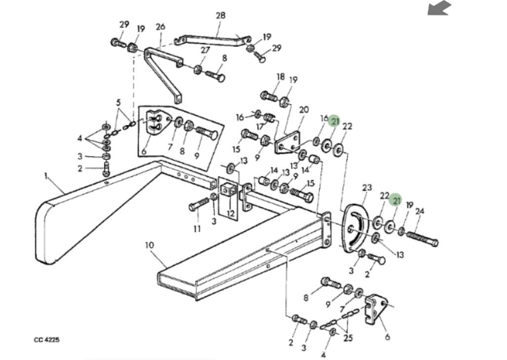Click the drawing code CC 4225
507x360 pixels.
[x=47, y=340]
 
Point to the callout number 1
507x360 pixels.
[x=46, y=175]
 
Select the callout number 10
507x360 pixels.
[x=150, y=245]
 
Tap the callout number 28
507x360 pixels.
[x=220, y=15]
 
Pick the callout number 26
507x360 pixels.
[x=160, y=27]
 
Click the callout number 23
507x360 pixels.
[x=366, y=188]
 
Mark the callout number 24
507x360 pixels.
[x=420, y=211]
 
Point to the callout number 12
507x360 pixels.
[x=230, y=214]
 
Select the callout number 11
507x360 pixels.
[x=197, y=228]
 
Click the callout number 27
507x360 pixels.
[x=205, y=50]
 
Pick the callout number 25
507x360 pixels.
[x=348, y=338]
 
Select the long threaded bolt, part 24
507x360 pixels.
[x=422, y=239]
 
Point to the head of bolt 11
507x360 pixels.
[x=193, y=207]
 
